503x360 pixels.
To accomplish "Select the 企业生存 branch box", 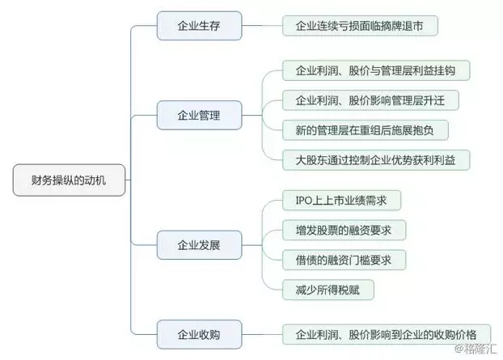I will [x=197, y=26].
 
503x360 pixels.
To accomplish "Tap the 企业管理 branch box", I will [x=197, y=115].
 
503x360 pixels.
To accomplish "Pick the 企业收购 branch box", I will [x=197, y=332].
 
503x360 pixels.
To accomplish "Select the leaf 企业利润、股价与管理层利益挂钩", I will [x=375, y=70].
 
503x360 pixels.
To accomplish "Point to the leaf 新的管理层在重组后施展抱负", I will [x=365, y=129].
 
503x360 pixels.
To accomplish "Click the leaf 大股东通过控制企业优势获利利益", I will [x=375, y=159].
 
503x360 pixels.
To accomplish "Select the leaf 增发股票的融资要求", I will [x=344, y=230].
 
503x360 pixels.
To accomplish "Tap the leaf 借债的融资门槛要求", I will [x=344, y=259].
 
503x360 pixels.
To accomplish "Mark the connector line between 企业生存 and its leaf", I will [x=262, y=26].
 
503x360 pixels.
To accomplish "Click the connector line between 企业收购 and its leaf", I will [x=262, y=332].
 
